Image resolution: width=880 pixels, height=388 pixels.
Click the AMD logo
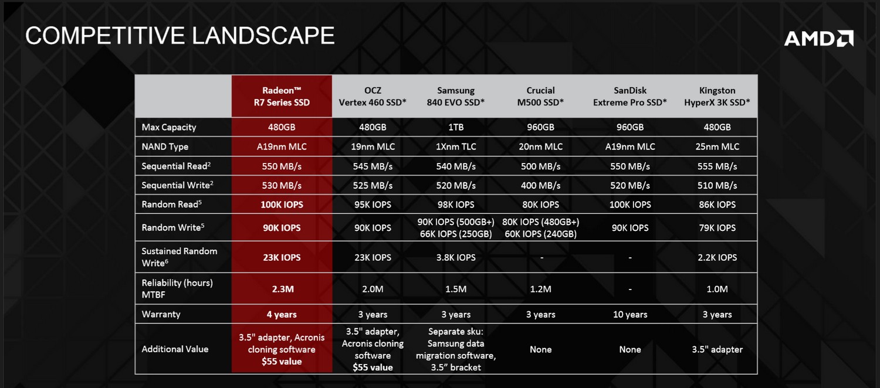click(x=819, y=39)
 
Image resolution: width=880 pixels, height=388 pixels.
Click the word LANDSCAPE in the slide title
click(x=263, y=36)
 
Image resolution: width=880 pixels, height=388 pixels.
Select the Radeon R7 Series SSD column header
click(x=282, y=96)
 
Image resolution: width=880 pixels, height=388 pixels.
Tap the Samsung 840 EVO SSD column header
click(x=456, y=96)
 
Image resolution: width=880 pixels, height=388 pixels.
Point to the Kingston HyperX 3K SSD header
click(x=717, y=96)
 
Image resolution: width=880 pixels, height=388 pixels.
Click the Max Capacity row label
click(x=169, y=127)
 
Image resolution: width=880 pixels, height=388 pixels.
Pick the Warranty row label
click(x=161, y=314)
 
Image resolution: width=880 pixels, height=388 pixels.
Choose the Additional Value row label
click(x=175, y=349)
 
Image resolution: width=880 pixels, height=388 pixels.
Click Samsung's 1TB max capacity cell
click(x=456, y=127)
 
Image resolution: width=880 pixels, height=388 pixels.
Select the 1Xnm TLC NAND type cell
click(x=456, y=147)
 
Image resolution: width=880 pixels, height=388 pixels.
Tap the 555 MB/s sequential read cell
click(x=717, y=166)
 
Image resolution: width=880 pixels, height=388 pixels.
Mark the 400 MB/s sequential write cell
click(x=540, y=186)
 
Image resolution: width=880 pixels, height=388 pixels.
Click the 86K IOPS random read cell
click(x=717, y=205)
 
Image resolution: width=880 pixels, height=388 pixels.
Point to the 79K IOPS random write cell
click(x=717, y=227)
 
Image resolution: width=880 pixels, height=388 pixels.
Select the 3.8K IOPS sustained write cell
click(x=456, y=257)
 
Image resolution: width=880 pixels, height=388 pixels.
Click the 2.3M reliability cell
click(x=283, y=289)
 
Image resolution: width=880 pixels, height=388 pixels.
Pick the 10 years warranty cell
click(x=630, y=314)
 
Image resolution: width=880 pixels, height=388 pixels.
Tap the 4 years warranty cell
click(x=282, y=314)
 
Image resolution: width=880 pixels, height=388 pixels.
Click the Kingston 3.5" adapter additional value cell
click(x=717, y=349)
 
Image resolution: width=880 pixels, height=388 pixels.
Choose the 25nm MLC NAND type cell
click(x=717, y=147)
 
